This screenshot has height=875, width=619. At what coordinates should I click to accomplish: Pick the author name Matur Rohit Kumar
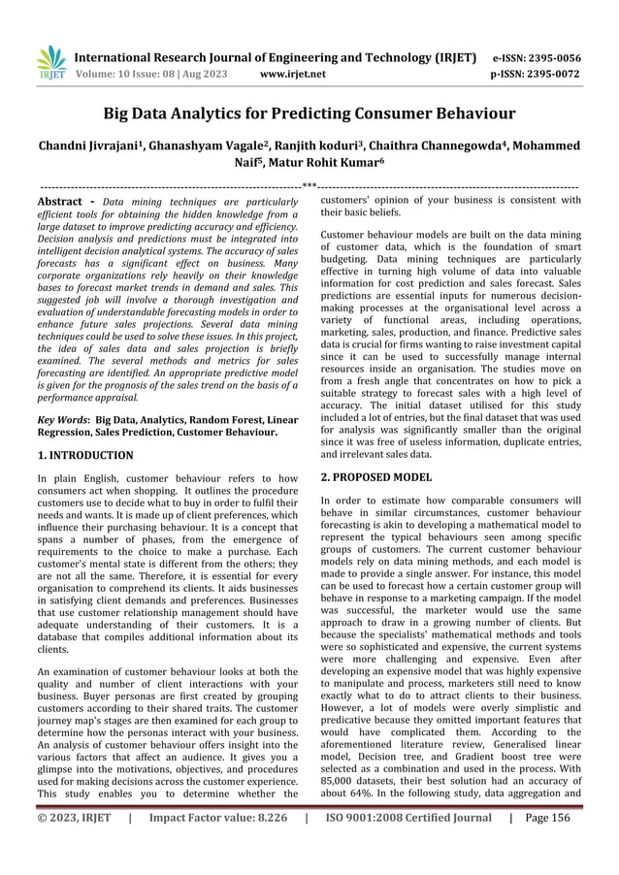click(x=314, y=165)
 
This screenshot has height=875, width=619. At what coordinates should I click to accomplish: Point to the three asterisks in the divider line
click(x=309, y=184)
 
